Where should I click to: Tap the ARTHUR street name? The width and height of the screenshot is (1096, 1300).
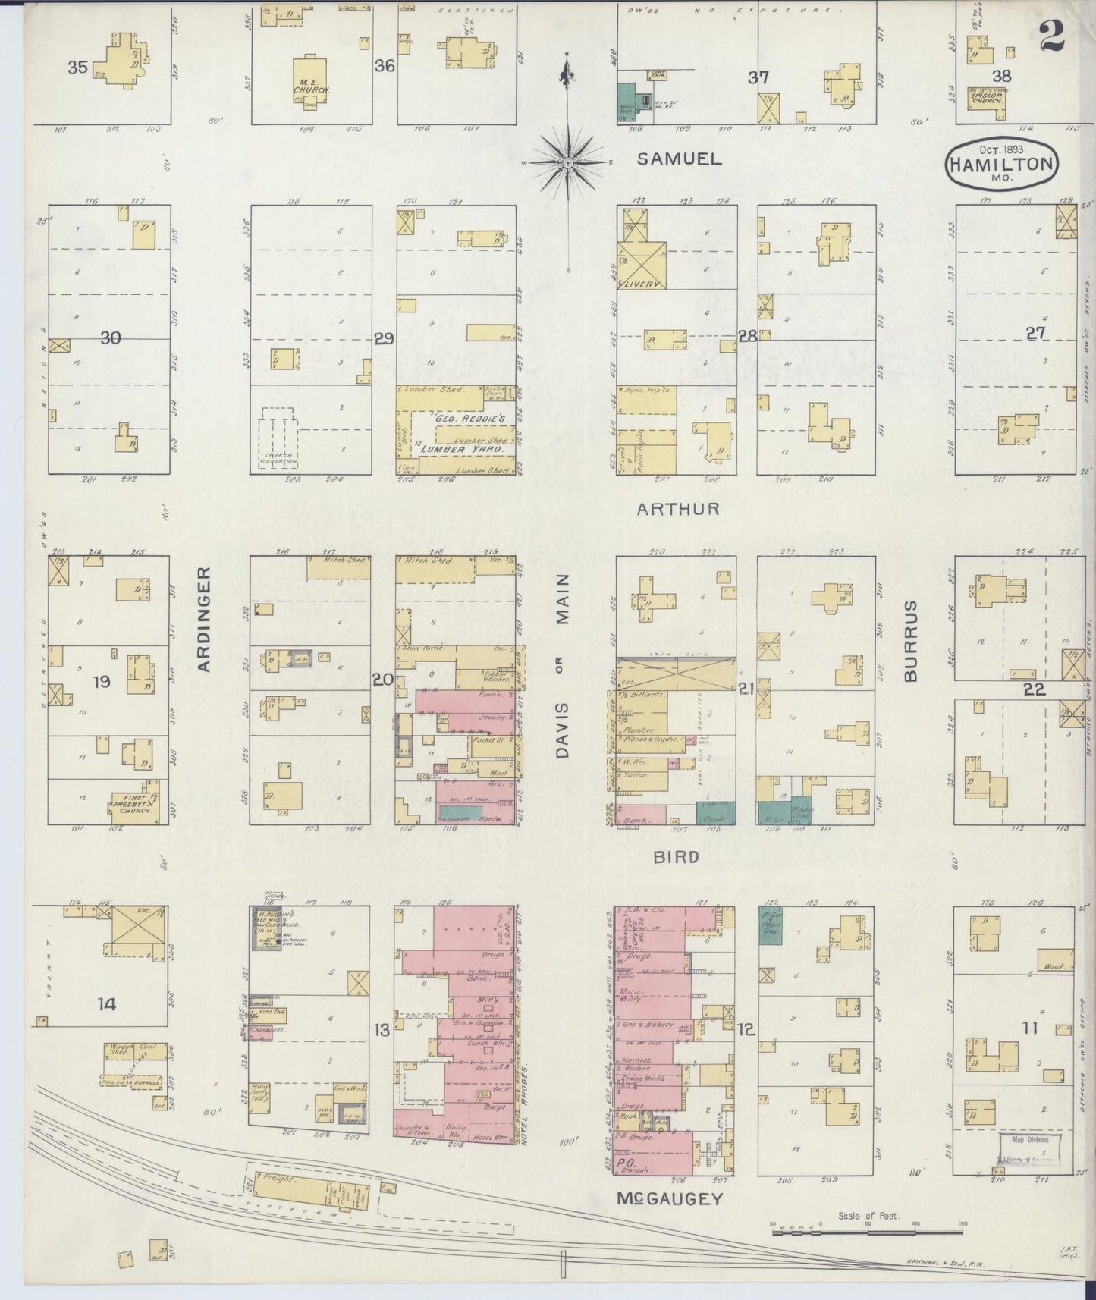pos(677,508)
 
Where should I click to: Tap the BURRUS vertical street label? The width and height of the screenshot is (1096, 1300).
pos(910,641)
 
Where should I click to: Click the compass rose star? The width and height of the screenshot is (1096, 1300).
pos(567,162)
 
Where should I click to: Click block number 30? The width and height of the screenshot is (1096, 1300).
pos(110,338)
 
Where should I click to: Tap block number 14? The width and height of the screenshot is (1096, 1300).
pos(107,1004)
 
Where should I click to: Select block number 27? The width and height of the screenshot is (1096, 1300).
pos(1035,333)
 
